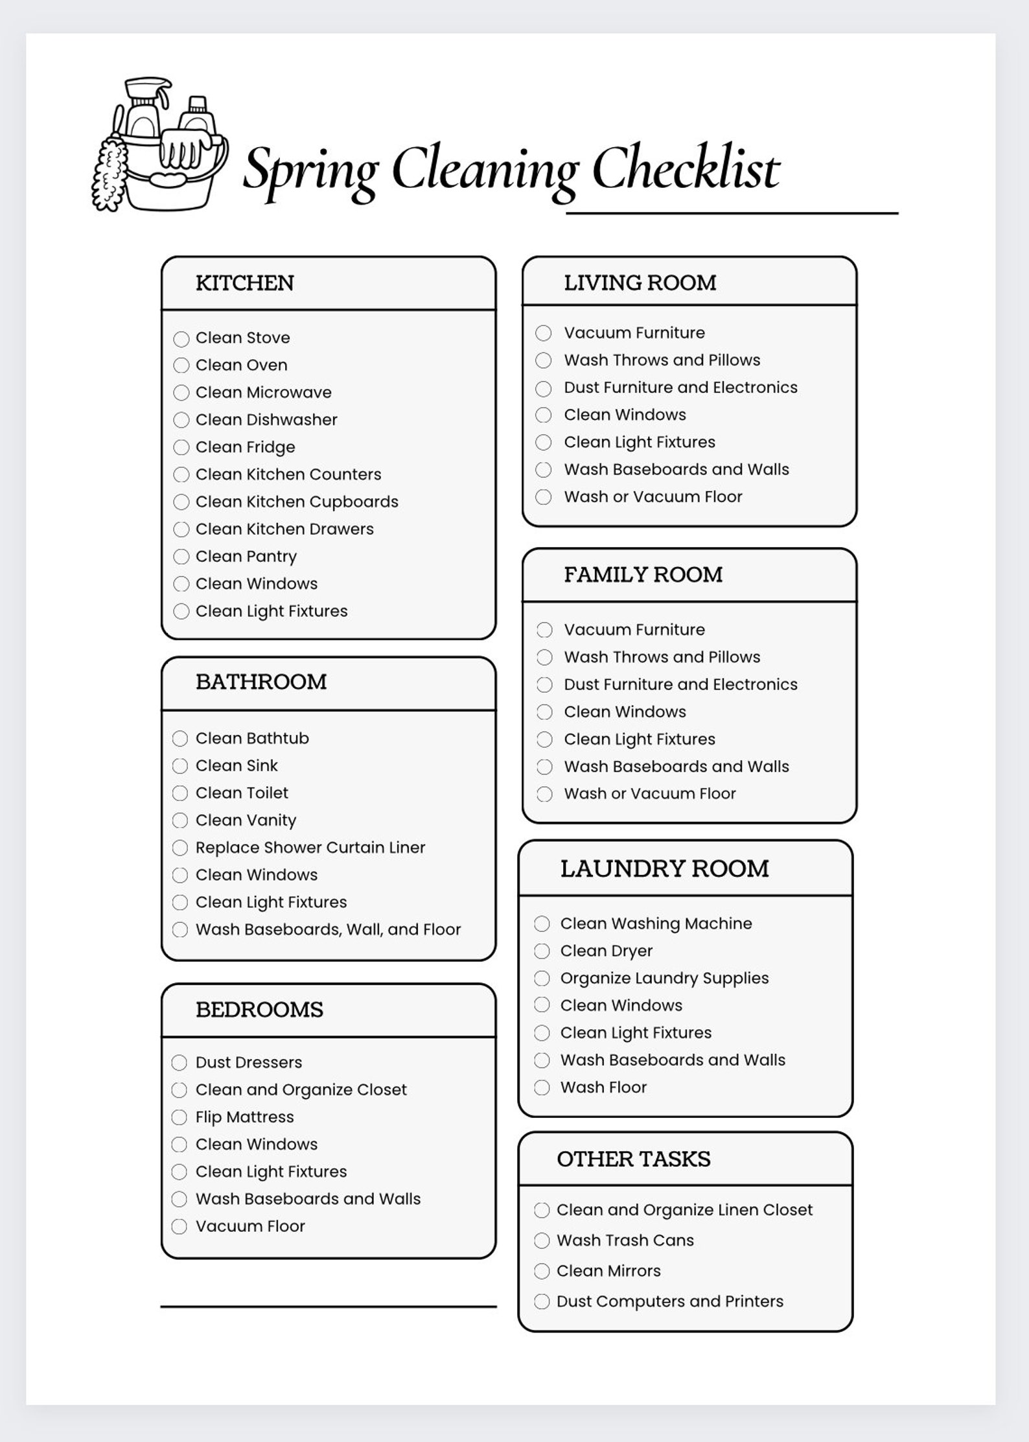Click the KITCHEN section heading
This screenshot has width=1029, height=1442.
(244, 283)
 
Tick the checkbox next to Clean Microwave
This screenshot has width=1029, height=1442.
(181, 393)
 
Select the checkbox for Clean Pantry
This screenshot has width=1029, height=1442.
(181, 557)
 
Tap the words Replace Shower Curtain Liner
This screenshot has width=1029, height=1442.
(310, 848)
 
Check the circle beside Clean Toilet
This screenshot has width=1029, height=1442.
(180, 793)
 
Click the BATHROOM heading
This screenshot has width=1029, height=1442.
(261, 682)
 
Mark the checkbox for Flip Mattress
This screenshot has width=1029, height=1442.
(179, 1117)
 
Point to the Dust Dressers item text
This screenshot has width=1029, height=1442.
(249, 1062)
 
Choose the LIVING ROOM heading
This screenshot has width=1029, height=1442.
(640, 283)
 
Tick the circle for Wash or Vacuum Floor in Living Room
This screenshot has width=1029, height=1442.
(544, 497)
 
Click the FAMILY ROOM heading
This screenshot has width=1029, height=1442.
(643, 575)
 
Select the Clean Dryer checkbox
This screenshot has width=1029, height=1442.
(542, 951)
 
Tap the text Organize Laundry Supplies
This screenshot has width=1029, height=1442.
(664, 978)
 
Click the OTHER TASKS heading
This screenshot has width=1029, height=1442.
(633, 1159)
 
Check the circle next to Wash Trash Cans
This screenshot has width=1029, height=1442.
(542, 1240)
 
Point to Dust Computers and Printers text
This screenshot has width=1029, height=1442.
(669, 1301)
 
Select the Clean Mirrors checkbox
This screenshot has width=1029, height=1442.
(542, 1271)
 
